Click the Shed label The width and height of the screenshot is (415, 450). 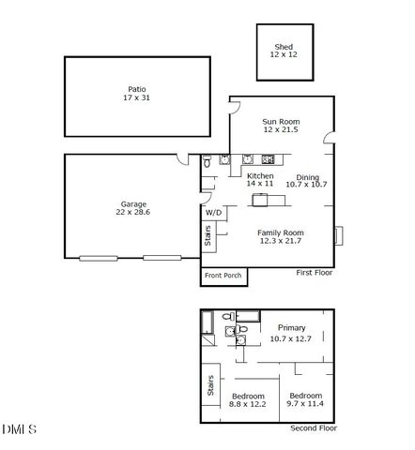284,47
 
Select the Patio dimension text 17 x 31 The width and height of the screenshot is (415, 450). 136,97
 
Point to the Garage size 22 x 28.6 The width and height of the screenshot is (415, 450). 133,212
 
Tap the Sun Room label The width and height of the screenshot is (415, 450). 281,122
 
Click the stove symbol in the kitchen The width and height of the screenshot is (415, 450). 268,159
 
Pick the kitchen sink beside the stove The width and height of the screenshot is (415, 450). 248,159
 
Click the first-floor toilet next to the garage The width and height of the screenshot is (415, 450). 207,161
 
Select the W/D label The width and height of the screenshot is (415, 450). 214,213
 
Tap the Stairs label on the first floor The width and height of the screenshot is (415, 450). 207,235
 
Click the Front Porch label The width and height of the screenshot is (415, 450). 223,276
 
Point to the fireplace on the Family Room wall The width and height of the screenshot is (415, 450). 339,235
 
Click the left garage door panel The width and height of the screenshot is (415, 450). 99,258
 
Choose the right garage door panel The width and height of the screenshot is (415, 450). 162,258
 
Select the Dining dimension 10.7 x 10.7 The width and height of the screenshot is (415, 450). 306,185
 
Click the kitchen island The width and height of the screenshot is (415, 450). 269,200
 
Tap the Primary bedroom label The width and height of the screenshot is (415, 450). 292,328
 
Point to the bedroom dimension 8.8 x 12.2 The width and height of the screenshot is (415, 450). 247,404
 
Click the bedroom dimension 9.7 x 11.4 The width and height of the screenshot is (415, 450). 305,403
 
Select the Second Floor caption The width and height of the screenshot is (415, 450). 314,428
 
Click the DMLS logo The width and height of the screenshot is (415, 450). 20,429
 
